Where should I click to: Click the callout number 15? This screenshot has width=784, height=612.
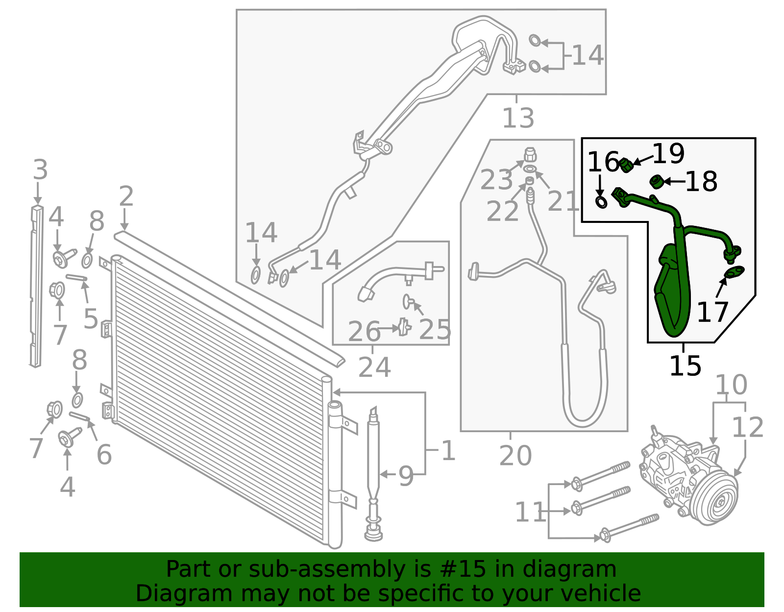[685, 366]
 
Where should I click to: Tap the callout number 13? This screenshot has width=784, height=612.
[518, 118]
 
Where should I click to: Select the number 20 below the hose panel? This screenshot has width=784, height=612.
[515, 456]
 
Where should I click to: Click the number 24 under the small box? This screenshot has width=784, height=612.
[374, 367]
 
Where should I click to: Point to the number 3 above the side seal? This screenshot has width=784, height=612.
[40, 170]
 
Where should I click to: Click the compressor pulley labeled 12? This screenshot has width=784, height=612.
[715, 500]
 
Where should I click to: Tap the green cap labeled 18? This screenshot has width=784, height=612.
[656, 182]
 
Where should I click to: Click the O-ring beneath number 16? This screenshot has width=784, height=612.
[601, 201]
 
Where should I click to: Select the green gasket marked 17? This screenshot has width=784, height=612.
[734, 271]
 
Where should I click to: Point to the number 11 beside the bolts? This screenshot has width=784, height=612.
[530, 513]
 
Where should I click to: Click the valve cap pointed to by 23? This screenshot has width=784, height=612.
[530, 156]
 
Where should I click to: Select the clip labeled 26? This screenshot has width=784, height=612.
[404, 327]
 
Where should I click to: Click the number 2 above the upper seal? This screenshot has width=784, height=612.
[126, 196]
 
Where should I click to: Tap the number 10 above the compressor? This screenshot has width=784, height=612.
[731, 385]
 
